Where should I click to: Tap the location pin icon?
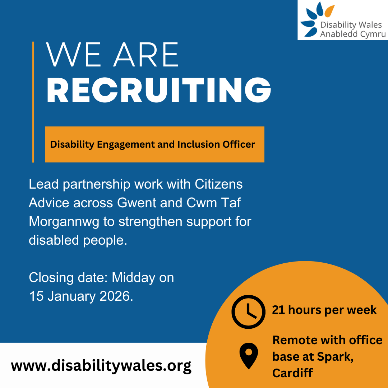click(x=249, y=356)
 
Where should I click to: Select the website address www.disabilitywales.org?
click(x=101, y=366)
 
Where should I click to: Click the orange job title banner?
click(x=154, y=144)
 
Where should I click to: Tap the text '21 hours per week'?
click(x=324, y=310)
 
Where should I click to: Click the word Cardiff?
click(x=292, y=373)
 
